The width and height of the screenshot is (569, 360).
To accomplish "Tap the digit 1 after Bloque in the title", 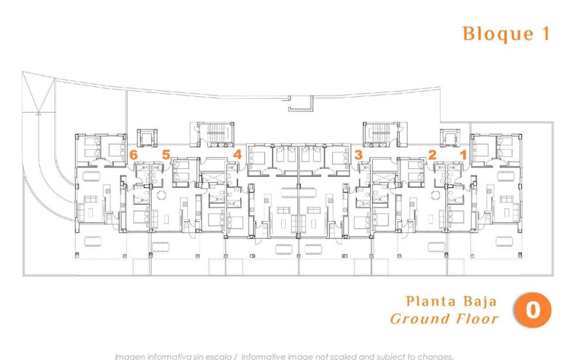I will [545, 33].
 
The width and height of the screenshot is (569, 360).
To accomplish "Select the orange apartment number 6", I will [133, 155].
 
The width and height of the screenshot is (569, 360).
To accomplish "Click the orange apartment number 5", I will [166, 155].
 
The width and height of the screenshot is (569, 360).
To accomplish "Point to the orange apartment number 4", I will [237, 155].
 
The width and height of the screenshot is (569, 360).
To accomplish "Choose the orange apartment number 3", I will [358, 155].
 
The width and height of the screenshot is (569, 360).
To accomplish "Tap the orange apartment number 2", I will [432, 155].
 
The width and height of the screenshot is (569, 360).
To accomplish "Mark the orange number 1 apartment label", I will [463, 155].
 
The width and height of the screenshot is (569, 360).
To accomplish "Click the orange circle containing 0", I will [532, 310].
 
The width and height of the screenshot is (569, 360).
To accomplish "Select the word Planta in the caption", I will [429, 302].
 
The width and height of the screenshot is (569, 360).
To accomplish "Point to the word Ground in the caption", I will [419, 319].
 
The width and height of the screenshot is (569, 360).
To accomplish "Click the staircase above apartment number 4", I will [211, 135].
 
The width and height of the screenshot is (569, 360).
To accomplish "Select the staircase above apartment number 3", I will [379, 135].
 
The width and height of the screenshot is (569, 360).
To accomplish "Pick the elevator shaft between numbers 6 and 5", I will [146, 138].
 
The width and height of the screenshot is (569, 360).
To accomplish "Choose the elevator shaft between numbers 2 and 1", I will [449, 138].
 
